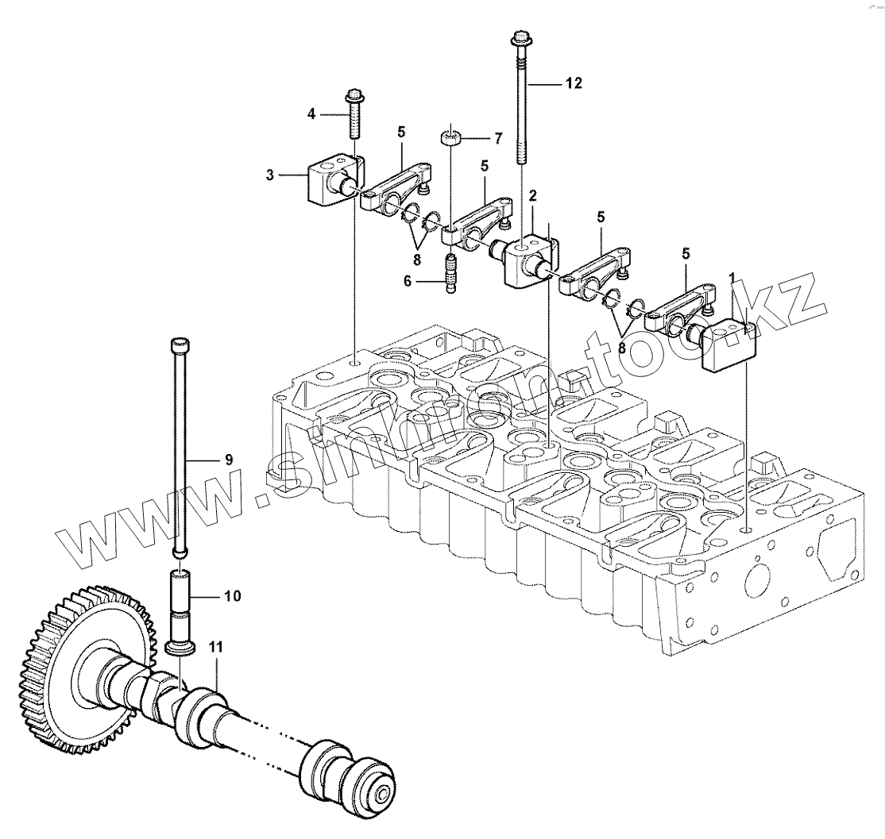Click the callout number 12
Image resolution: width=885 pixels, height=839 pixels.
pos(574,83)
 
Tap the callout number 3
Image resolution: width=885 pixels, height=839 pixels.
pos(271,175)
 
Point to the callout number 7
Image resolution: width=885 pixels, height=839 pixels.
pos(497,139)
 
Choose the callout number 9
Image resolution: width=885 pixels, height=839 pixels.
pos(228,459)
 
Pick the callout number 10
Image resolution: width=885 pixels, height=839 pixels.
pos(233,595)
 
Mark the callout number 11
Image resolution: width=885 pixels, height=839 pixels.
pos(215,647)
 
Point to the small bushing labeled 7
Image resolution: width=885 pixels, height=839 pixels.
pos(452,140)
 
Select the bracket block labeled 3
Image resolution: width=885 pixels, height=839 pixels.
pos(327,181)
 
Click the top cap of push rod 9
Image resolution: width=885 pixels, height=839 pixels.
pos(180,344)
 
